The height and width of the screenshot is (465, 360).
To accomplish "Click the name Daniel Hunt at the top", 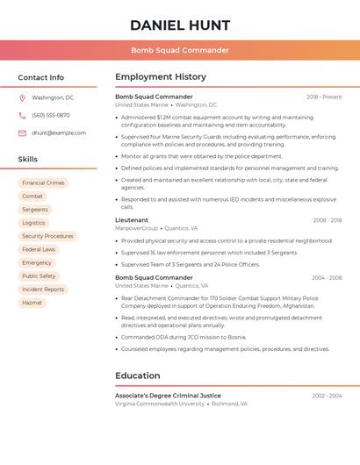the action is (180, 25).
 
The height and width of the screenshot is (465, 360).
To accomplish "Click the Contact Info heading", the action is (40, 77).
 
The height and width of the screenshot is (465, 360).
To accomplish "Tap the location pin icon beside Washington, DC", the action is (22, 97).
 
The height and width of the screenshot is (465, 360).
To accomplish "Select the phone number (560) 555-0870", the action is (50, 115).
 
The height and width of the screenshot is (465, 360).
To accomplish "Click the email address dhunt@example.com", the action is (59, 132).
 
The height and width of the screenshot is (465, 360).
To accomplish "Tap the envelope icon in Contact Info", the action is (22, 132).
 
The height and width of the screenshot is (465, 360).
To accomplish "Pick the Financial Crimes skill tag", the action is (43, 183).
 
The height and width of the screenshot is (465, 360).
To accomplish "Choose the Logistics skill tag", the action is (33, 223).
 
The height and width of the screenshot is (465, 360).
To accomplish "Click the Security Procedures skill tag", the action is (47, 236).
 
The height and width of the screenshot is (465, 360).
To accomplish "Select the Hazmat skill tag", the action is (32, 303).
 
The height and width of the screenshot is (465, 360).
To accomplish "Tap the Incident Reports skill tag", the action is (43, 290).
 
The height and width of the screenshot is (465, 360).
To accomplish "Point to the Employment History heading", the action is (161, 77).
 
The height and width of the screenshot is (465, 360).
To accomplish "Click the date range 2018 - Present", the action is (324, 97).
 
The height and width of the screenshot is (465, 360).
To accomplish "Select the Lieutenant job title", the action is (132, 220).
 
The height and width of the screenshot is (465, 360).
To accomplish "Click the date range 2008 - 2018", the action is (327, 220).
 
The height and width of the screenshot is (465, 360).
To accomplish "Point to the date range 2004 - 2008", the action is (327, 277).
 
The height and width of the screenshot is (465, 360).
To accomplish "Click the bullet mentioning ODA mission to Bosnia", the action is (184, 337).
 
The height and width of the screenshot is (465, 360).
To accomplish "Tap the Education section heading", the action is (137, 376).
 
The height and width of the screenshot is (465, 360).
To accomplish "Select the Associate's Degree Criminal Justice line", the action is (168, 396).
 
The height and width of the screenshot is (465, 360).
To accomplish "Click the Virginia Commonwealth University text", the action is (159, 404).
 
